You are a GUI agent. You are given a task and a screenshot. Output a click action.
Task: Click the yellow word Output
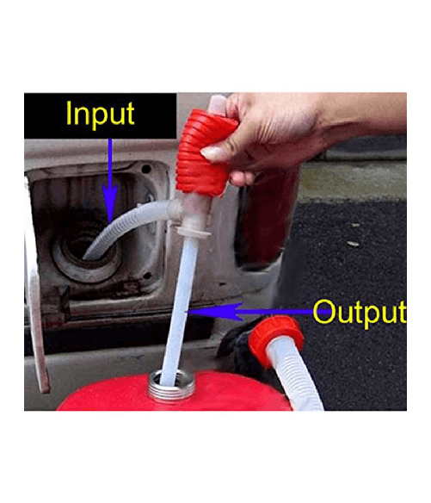(x=359, y=311)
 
